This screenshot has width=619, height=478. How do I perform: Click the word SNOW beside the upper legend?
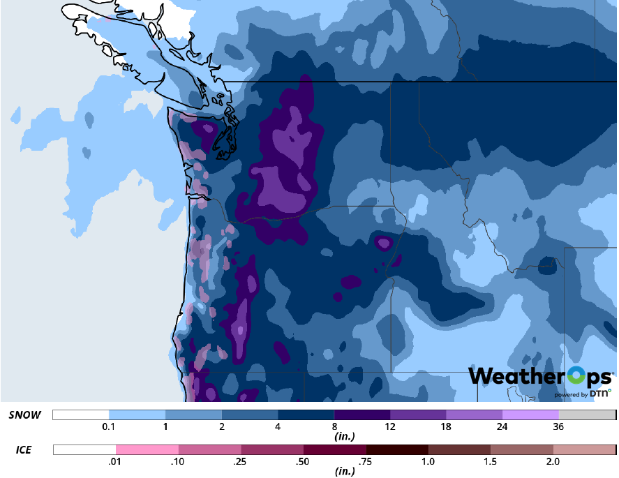click(24, 414)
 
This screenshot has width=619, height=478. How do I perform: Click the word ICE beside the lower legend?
click(23, 449)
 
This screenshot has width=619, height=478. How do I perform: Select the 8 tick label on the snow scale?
click(335, 426)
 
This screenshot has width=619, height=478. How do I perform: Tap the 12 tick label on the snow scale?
click(391, 426)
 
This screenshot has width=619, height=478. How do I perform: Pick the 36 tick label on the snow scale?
click(559, 426)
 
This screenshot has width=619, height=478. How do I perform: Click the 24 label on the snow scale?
click(502, 426)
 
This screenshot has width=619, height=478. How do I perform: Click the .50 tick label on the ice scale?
click(304, 461)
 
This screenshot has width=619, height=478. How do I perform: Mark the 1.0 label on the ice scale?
click(428, 461)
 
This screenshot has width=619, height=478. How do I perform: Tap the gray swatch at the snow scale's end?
click(587, 414)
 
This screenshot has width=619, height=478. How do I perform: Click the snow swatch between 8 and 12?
click(362, 414)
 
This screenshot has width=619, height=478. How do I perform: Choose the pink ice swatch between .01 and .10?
click(147, 449)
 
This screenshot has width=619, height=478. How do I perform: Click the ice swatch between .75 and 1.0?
click(397, 449)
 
